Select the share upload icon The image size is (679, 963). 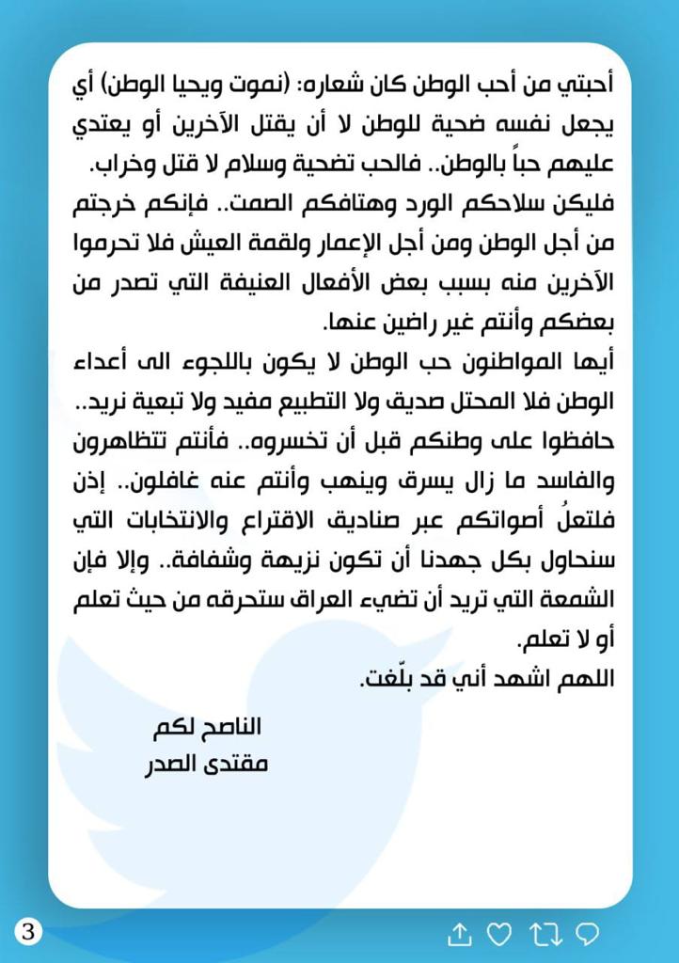[x=459, y=933]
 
